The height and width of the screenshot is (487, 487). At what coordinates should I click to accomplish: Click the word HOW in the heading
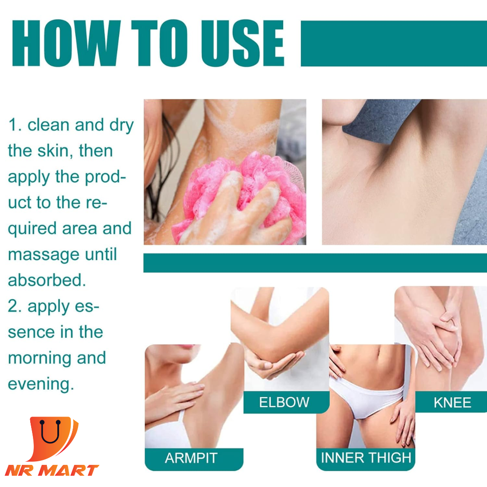coord(66,43)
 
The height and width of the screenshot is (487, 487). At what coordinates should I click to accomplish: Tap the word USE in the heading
coord(243,43)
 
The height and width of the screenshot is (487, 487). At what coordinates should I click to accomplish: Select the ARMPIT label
coord(191,458)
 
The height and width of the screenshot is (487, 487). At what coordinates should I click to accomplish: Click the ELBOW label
coord(284,402)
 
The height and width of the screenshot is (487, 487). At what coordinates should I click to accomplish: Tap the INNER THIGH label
coord(366,458)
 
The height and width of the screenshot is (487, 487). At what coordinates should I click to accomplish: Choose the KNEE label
coord(452,403)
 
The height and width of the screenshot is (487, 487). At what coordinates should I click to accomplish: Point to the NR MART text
coord(52,470)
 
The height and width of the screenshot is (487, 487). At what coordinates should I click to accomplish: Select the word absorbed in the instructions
coord(47,280)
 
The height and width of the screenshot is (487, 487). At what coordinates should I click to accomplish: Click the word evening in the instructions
coord(41,385)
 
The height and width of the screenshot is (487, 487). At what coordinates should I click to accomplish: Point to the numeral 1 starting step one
coord(13,125)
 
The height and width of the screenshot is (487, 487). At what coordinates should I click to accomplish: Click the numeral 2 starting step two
coord(13,306)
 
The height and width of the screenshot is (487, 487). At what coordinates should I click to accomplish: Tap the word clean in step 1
coord(48,125)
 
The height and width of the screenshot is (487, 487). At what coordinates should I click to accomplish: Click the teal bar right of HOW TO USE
coord(394,43)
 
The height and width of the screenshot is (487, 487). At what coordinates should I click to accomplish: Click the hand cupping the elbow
coord(273,363)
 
